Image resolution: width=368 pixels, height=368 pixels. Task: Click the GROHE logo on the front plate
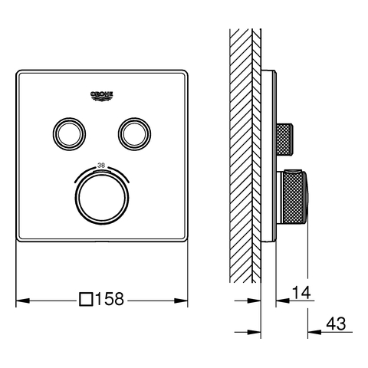click(102, 97)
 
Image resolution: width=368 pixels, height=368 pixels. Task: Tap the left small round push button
click(69, 134)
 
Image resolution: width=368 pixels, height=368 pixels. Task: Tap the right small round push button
click(134, 134)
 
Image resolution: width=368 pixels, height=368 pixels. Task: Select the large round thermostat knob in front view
click(102, 198)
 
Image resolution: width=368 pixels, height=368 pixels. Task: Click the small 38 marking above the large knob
click(101, 166)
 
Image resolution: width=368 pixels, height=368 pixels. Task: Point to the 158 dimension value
click(110, 299)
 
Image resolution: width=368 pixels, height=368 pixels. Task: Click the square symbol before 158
click(86, 299)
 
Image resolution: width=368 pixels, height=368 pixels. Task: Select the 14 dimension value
click(301, 293)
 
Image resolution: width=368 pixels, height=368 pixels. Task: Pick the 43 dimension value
click(336, 324)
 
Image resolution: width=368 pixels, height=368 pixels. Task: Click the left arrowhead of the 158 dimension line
click(22, 301)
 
